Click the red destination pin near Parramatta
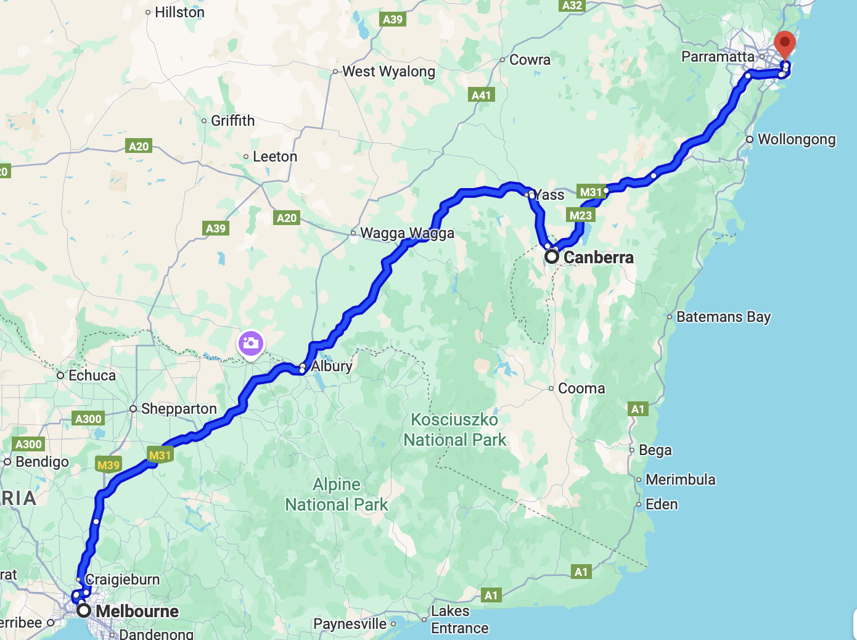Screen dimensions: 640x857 click(x=785, y=44)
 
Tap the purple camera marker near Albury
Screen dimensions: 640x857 click(x=251, y=343)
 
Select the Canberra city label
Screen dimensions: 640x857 click(x=598, y=257)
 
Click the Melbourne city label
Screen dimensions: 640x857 click(x=137, y=611)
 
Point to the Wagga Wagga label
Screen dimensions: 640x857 click(x=407, y=233)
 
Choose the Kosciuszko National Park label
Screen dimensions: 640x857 click(x=455, y=430)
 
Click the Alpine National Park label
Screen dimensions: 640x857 click(x=337, y=494)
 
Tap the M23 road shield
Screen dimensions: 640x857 click(x=580, y=215)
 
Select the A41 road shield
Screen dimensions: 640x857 click(x=481, y=95)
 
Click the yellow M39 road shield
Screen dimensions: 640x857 click(x=109, y=465)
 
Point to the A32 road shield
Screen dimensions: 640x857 click(x=572, y=6)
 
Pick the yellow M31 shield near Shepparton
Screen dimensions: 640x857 click(x=160, y=455)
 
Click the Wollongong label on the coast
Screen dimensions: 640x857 click(x=797, y=139)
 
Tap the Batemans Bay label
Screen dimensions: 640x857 click(x=723, y=317)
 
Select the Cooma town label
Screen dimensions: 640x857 click(x=581, y=388)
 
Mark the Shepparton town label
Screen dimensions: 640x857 click(x=179, y=409)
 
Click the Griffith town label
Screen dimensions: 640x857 click(x=232, y=121)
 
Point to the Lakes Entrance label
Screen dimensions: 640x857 click(x=459, y=620)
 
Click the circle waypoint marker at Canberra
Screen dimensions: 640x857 click(x=552, y=256)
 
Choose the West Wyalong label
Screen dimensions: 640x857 click(x=388, y=72)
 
